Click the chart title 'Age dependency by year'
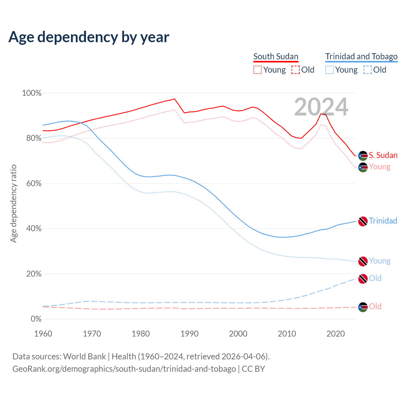click(x=89, y=37)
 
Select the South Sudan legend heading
click(x=276, y=57)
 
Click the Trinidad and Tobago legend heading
click(x=361, y=57)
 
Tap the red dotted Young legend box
click(x=258, y=70)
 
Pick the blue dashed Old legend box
click(x=368, y=70)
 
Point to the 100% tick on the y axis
click(x=32, y=93)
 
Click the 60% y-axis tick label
click(x=34, y=184)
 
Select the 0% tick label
click(x=36, y=319)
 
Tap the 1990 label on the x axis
click(x=189, y=334)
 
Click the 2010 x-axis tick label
click(x=287, y=334)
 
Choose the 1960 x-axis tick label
click(x=43, y=334)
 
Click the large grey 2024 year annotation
click(x=321, y=107)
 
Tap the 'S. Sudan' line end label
click(x=383, y=155)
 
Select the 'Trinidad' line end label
click(x=383, y=221)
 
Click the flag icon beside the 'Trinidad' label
click(x=363, y=221)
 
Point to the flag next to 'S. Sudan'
click(x=363, y=156)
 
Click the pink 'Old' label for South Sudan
click(x=375, y=307)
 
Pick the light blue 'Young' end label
click(x=380, y=261)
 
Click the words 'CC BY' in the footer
click(x=253, y=369)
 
